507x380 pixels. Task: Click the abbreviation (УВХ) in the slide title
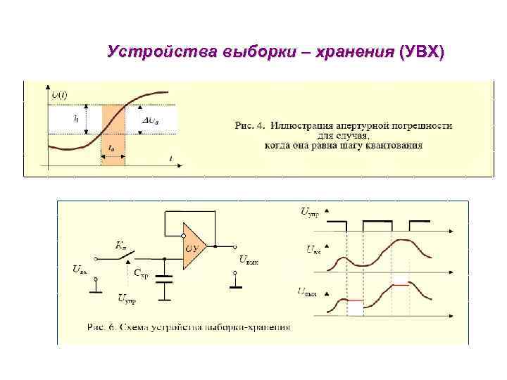pos(421,53)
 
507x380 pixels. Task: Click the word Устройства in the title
pos(163,53)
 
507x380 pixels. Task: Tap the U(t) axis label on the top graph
pos(59,94)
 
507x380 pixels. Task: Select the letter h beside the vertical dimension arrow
pos(76,120)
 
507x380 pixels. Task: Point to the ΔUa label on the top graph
pos(151,120)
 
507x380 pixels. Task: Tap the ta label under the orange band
pos(112,148)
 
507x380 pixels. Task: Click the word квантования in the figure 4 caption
pos(392,146)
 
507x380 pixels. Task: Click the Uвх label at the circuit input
pos(80,268)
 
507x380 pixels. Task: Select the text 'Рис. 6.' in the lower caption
pos(103,327)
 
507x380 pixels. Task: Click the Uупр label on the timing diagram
pos(309,211)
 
